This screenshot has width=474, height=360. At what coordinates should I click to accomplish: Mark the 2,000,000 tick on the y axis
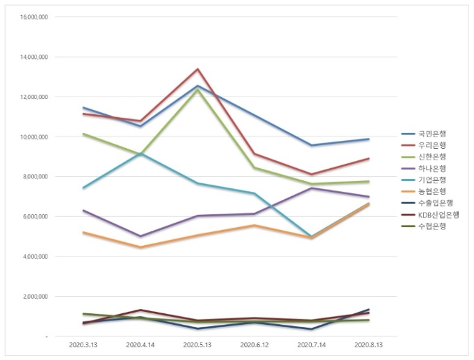[34, 296]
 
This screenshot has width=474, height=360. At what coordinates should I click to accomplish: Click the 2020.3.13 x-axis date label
[83, 346]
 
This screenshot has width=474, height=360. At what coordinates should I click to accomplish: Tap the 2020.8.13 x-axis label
[369, 346]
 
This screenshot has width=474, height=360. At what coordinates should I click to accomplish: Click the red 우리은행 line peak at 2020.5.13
[197, 69]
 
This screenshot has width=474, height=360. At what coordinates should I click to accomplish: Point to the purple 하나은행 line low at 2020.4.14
[140, 236]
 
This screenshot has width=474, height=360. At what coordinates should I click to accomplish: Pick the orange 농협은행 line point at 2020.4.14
[140, 247]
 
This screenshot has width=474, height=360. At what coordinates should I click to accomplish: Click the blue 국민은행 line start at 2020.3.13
[83, 107]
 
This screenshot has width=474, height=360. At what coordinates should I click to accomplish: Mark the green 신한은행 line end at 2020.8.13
[369, 182]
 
